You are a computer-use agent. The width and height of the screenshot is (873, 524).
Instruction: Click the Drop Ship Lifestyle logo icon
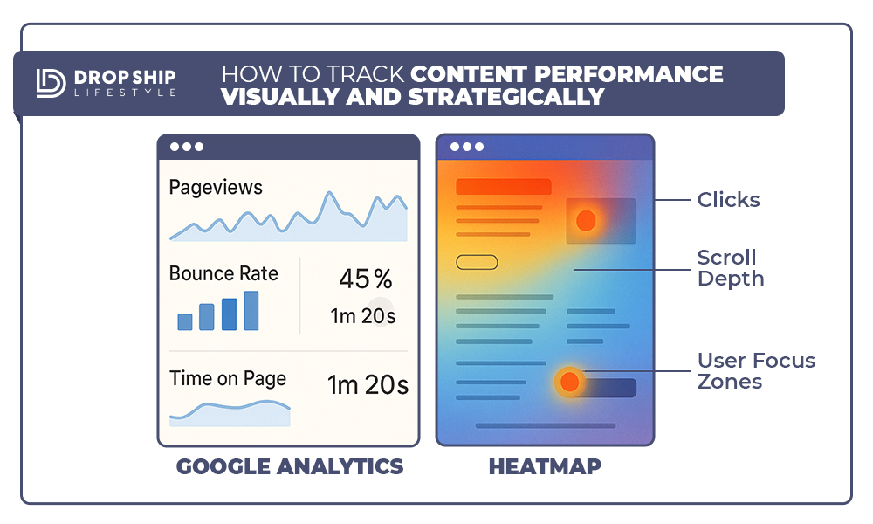point(51,83)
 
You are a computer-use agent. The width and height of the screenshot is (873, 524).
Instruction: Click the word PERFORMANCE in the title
point(629,74)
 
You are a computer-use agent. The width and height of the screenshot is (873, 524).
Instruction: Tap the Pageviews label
point(216,188)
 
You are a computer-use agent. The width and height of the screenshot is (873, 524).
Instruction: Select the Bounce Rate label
point(223,273)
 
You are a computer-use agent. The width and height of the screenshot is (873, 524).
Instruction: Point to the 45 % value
point(366,279)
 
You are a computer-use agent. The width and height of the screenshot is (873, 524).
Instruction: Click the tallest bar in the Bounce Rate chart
point(251,311)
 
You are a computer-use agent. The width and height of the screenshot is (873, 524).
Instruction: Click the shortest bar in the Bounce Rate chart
point(185,322)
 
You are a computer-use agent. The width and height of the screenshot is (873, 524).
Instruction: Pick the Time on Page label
point(228,379)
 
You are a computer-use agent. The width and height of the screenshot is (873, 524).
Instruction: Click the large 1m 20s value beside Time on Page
point(368,385)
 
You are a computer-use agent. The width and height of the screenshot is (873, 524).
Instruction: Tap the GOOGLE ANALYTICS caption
point(290,466)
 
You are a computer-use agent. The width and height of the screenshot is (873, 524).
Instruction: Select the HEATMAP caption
point(545,466)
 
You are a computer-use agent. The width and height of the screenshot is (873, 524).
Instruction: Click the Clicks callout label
point(728,200)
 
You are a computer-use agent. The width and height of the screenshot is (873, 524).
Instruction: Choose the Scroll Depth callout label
point(731,268)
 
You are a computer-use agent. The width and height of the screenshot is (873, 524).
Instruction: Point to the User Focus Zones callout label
point(756,371)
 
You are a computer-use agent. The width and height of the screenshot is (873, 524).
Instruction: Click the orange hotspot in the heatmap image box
point(586,220)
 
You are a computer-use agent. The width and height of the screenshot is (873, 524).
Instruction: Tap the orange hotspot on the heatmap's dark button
point(569,382)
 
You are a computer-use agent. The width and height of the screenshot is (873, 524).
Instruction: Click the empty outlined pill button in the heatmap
point(477,262)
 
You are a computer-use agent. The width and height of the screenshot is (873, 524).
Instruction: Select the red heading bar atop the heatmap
point(504,187)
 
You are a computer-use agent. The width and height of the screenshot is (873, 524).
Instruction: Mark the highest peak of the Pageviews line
point(330,193)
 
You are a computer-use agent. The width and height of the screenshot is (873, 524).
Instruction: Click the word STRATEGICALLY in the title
point(506,97)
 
